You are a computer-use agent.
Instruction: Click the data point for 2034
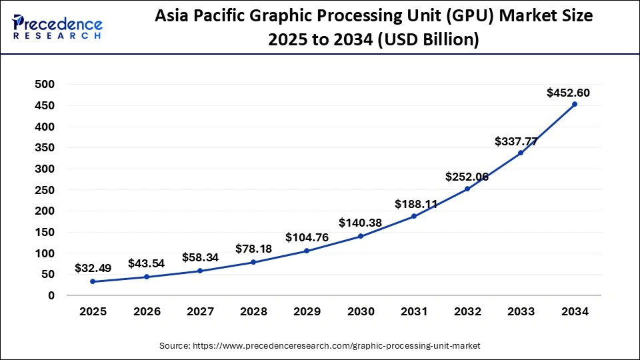point(574,104)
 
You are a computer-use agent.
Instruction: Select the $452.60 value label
point(567,93)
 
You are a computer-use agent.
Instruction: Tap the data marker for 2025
point(93,281)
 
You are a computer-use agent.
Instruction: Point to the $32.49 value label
point(93,269)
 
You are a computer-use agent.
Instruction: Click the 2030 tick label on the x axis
point(360,311)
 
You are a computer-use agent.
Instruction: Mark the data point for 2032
point(467,189)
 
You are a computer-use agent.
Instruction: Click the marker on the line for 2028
point(253,262)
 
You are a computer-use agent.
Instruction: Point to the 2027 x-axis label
point(200,311)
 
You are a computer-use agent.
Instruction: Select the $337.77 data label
point(516,141)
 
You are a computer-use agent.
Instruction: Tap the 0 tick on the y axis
point(51,295)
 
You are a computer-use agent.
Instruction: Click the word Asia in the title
point(173,16)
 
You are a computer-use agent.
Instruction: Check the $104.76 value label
point(307,237)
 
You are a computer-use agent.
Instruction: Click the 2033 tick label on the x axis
point(521,311)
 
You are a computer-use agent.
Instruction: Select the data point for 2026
point(146,277)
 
